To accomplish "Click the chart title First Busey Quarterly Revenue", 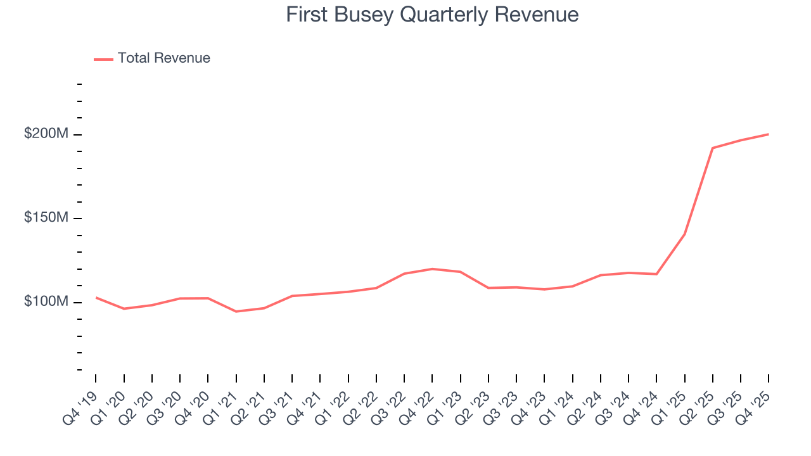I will [x=432, y=15].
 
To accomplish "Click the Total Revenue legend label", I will [x=163, y=58].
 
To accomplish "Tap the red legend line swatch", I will [x=103, y=59].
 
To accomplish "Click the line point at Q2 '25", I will [x=713, y=148].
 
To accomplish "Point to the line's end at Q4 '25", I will [x=769, y=134].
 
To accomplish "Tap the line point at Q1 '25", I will [x=684, y=234].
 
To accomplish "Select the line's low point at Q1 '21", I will [x=236, y=312].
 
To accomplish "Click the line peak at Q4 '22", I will [x=432, y=269].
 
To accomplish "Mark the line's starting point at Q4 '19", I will [x=96, y=297].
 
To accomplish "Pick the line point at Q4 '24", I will [x=656, y=274].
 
